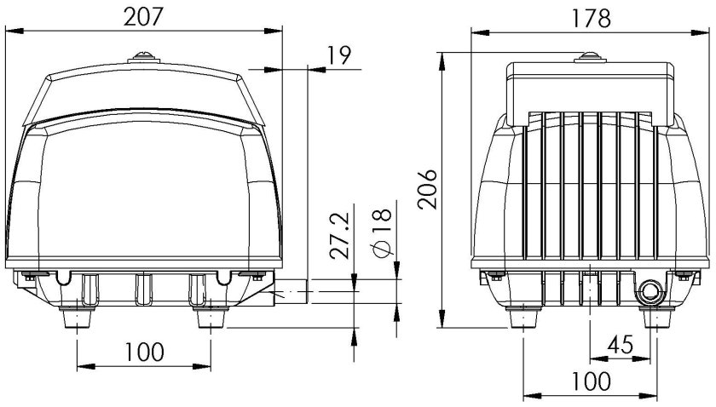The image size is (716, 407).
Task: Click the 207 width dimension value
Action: (144, 15)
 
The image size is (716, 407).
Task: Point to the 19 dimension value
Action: (339, 55)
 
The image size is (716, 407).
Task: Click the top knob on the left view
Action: (143, 59)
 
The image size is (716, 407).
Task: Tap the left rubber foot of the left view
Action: (78, 318)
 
